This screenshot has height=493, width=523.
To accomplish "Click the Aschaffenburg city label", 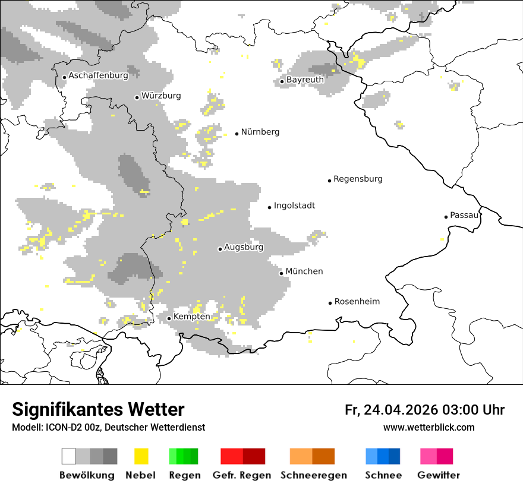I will [x=98, y=75].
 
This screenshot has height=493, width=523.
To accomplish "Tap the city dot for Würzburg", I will [x=137, y=97].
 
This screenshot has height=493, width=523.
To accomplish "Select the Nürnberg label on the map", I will [x=260, y=132].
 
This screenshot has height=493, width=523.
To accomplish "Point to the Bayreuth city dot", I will [x=282, y=81].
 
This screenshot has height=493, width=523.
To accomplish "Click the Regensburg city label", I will [x=358, y=179].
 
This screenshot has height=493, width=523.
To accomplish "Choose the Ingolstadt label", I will [x=294, y=206].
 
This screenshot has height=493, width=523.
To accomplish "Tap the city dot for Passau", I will [x=446, y=217].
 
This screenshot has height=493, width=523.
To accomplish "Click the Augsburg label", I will [x=243, y=247].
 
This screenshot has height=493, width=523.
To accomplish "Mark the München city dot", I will [x=281, y=273].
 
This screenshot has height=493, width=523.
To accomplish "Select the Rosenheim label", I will [x=357, y=302].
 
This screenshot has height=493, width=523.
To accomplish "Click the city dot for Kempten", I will [x=169, y=318].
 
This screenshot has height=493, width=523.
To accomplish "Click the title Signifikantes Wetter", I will [x=98, y=410].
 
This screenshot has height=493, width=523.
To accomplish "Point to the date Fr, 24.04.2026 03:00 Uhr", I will [x=424, y=410].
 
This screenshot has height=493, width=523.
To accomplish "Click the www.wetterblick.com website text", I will [x=429, y=427].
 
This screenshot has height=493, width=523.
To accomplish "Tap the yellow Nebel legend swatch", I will [x=141, y=456].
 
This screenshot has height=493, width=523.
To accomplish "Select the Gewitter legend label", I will [x=438, y=475].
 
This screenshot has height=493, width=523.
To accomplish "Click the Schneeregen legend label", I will [x=313, y=475].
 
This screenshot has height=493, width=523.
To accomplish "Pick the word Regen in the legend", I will [x=184, y=475].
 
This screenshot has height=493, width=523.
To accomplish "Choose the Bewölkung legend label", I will [x=87, y=475].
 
